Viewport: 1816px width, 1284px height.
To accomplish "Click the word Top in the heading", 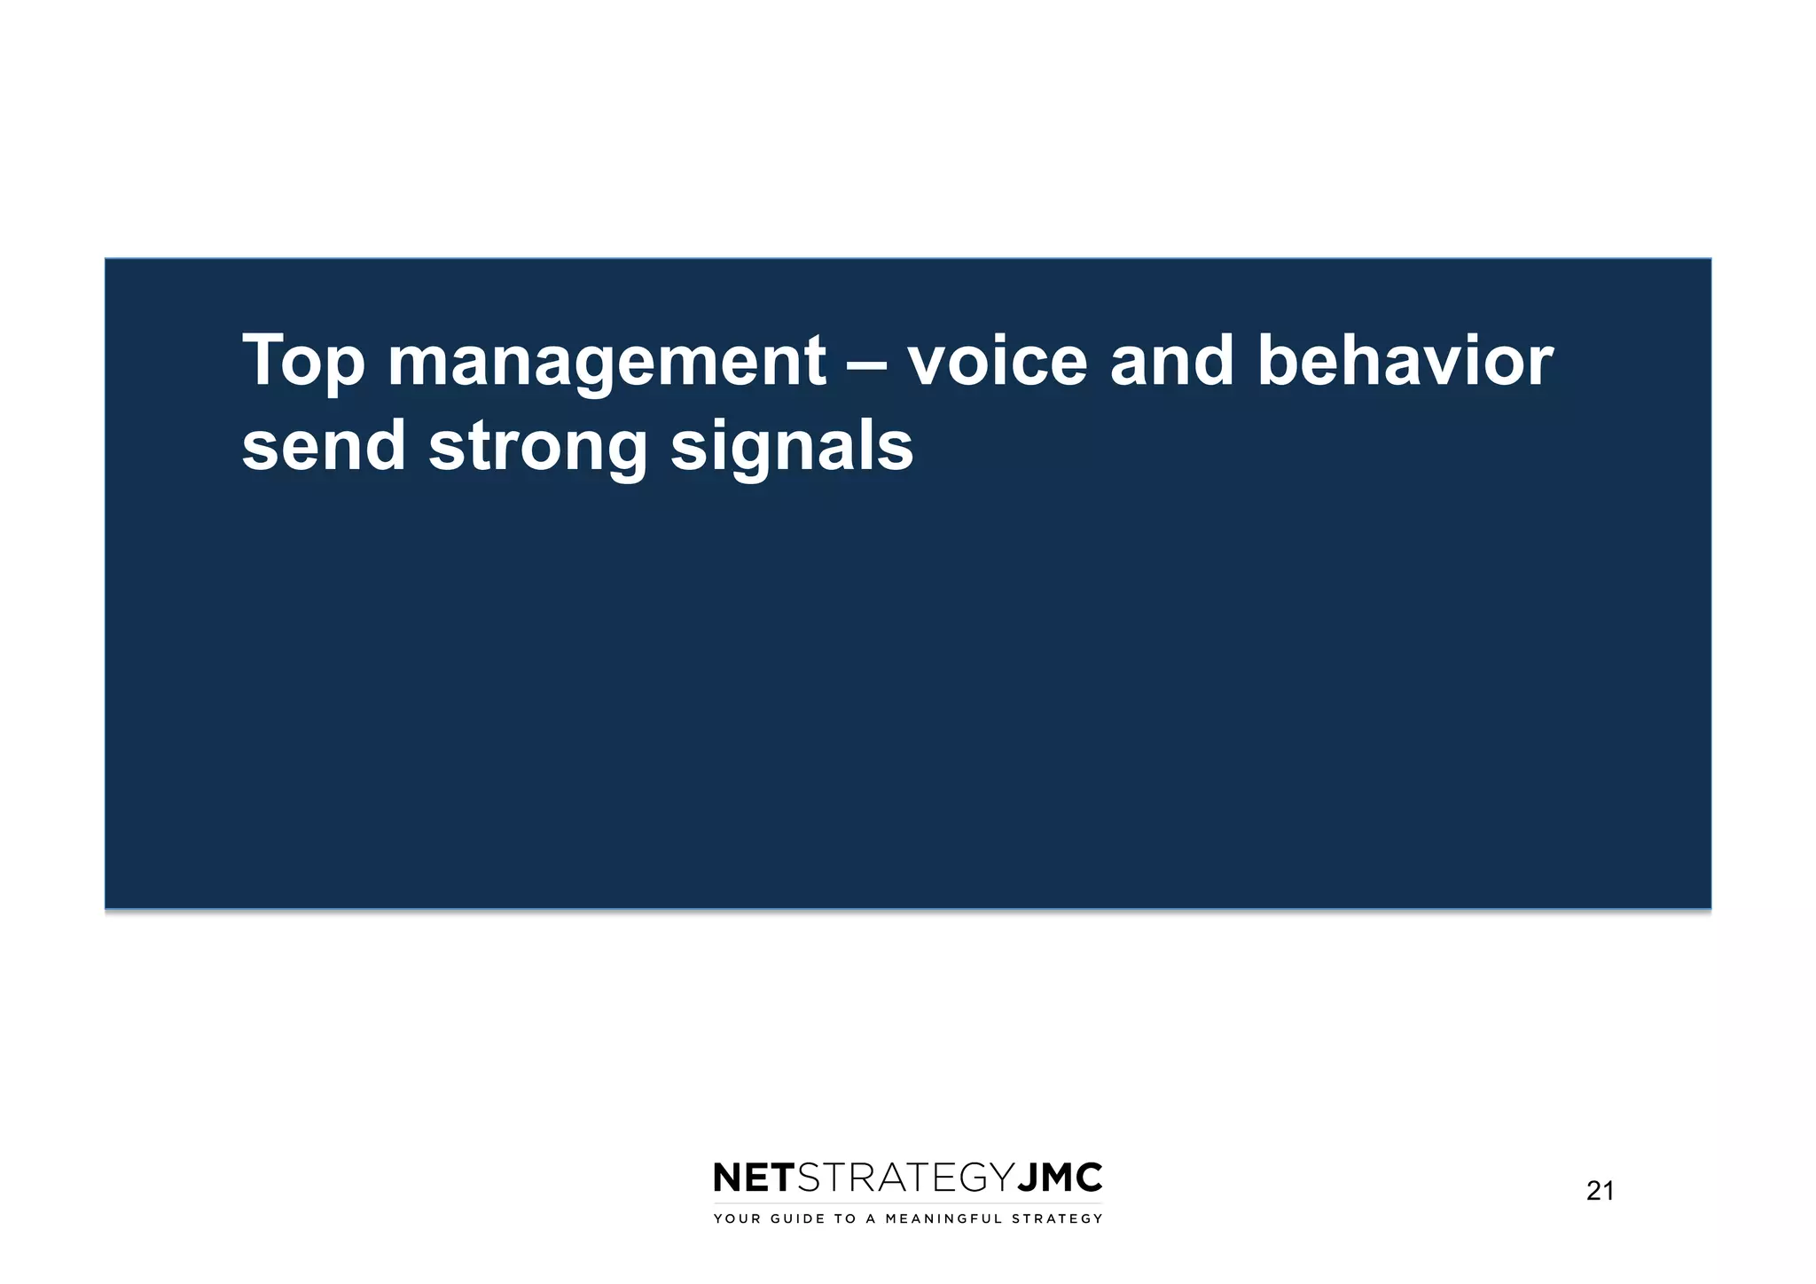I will point(303,362).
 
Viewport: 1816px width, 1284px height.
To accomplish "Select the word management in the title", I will point(607,362).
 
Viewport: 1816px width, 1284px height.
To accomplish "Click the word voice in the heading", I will point(997,362).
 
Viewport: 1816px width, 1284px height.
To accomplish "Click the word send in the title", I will point(324,445).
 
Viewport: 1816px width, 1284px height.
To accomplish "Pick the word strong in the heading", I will point(538,447).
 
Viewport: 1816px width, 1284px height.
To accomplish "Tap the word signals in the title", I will point(792,447).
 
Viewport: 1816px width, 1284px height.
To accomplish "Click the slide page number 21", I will point(1600,1191).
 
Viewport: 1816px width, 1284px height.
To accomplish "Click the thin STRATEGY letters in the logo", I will point(904,1178).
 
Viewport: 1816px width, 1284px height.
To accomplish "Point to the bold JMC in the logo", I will point(1059,1178).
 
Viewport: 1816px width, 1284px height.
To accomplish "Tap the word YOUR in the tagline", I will point(737,1219).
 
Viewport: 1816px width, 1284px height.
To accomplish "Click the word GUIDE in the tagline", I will point(795,1219).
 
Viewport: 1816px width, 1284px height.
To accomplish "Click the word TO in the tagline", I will point(843,1219).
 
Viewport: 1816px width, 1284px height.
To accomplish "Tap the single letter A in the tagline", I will point(871,1219).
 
